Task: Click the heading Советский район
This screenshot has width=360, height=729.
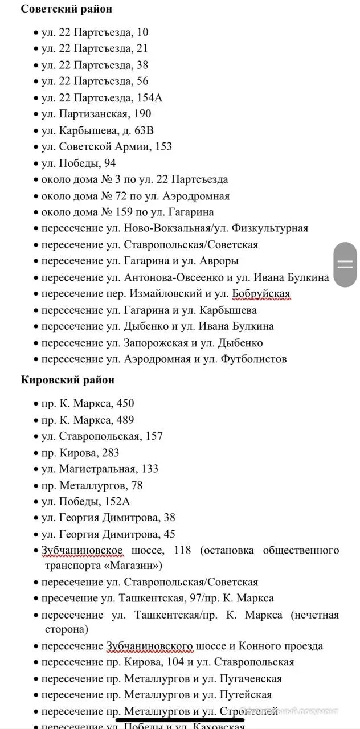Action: tap(67, 9)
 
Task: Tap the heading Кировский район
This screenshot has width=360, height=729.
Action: tap(68, 380)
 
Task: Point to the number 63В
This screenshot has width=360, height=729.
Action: tap(144, 130)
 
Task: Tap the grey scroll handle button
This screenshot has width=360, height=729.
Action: tap(345, 264)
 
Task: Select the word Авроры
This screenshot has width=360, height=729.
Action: tap(219, 261)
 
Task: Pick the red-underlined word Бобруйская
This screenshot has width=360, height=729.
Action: tap(261, 294)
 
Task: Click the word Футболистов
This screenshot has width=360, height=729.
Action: tap(255, 359)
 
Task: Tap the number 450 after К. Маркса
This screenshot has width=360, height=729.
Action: tap(125, 404)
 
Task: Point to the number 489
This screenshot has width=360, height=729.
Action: tap(125, 420)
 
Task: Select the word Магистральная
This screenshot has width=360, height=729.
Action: tap(97, 469)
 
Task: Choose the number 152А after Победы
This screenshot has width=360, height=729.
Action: tap(117, 502)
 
